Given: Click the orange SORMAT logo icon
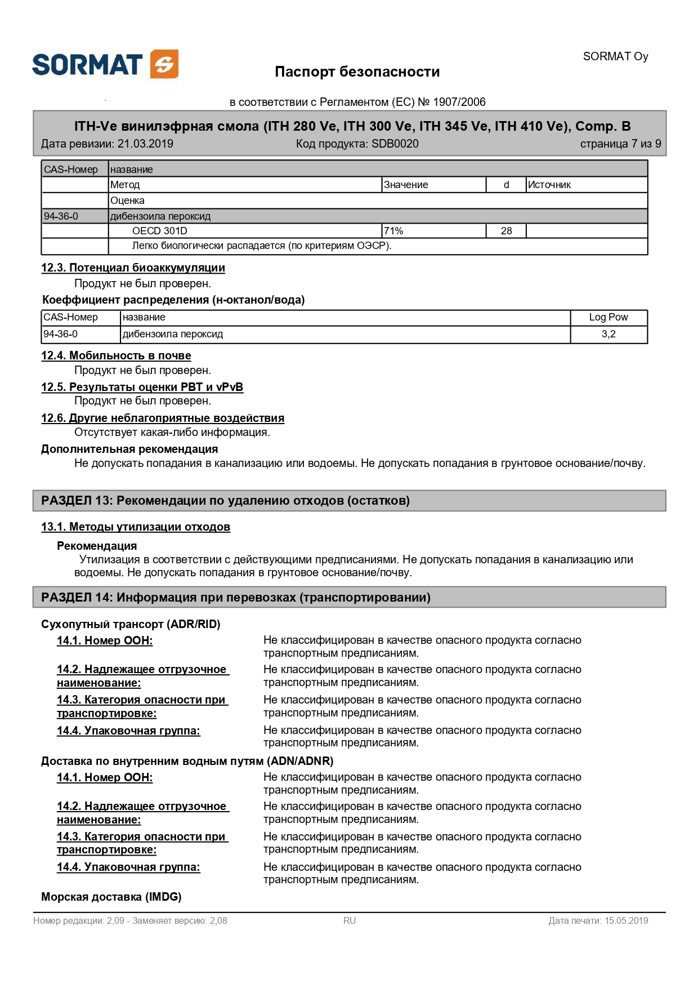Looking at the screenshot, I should click(x=164, y=64).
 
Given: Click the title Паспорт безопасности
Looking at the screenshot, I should click(x=357, y=72).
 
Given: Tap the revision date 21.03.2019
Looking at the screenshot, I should click(x=145, y=144).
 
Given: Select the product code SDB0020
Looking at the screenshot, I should click(x=395, y=144).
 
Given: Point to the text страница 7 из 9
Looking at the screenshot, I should click(x=620, y=144).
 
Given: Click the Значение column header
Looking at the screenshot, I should click(x=406, y=185).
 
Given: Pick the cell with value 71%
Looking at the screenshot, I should click(x=393, y=231).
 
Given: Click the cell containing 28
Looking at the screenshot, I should click(x=506, y=231).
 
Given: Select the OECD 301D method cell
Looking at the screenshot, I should click(x=159, y=231).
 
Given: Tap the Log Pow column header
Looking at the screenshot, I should click(x=608, y=317).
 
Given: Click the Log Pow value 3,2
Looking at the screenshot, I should click(x=608, y=334).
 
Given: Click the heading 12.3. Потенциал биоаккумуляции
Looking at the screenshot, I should click(x=133, y=268).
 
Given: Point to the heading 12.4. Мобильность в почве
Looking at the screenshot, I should click(x=116, y=355).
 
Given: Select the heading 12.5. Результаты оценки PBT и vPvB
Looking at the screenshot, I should click(x=142, y=387).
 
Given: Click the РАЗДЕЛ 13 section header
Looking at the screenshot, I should click(x=225, y=501).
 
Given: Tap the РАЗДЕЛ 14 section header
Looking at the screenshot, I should click(x=235, y=598).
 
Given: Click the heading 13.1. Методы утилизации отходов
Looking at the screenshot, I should click(x=136, y=527).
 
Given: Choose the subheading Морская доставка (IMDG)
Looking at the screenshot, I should click(x=111, y=897).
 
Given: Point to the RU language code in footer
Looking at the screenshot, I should click(x=350, y=921).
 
